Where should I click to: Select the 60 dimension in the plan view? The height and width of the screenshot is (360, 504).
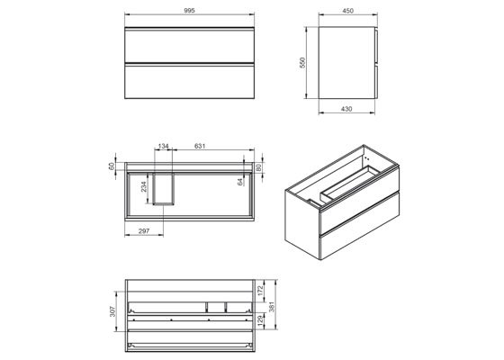click(111, 166)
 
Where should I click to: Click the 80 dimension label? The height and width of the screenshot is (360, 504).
click(258, 166)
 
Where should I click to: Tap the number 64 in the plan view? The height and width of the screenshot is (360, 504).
click(239, 182)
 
